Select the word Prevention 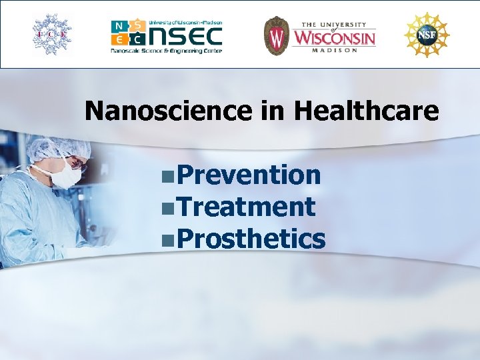[x=249, y=175]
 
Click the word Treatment [x=246, y=207]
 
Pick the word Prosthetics [x=251, y=239]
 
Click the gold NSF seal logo [x=426, y=34]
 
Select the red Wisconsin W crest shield [x=275, y=35]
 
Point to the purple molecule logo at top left [x=53, y=33]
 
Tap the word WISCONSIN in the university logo [x=335, y=37]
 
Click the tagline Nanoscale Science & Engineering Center [x=166, y=50]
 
